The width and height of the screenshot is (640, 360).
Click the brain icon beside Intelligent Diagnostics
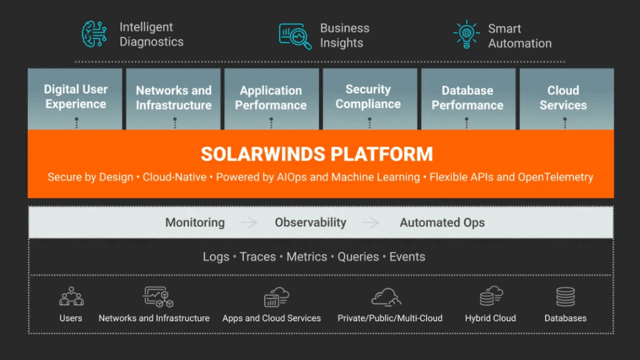[x=94, y=34]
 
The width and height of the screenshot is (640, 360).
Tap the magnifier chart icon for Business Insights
[x=295, y=36]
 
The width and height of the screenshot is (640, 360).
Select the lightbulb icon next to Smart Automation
[x=466, y=35]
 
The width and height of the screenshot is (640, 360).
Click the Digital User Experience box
[x=75, y=99]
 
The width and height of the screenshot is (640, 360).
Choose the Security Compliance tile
[x=370, y=99]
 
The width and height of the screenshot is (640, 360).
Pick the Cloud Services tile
[x=566, y=99]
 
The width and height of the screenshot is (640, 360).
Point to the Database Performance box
[x=468, y=99]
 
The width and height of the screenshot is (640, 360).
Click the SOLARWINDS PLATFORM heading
[x=317, y=154]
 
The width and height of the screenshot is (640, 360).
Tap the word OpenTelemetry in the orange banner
[x=556, y=177]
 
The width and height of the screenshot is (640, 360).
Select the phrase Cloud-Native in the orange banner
[x=174, y=177]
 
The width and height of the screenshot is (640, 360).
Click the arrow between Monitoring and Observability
[x=249, y=222]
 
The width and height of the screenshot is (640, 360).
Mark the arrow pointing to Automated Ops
[x=371, y=222]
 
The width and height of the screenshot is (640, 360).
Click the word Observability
[x=310, y=222]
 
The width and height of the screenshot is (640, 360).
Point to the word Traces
[x=257, y=257]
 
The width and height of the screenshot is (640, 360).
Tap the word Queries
[x=358, y=257]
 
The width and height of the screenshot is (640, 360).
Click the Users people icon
[x=71, y=296]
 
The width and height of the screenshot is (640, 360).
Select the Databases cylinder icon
[x=565, y=297]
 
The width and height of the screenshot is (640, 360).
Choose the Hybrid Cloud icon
[x=491, y=296]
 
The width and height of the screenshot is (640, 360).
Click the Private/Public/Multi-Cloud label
[x=390, y=318]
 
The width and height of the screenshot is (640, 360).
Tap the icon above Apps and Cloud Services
[x=276, y=297]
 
